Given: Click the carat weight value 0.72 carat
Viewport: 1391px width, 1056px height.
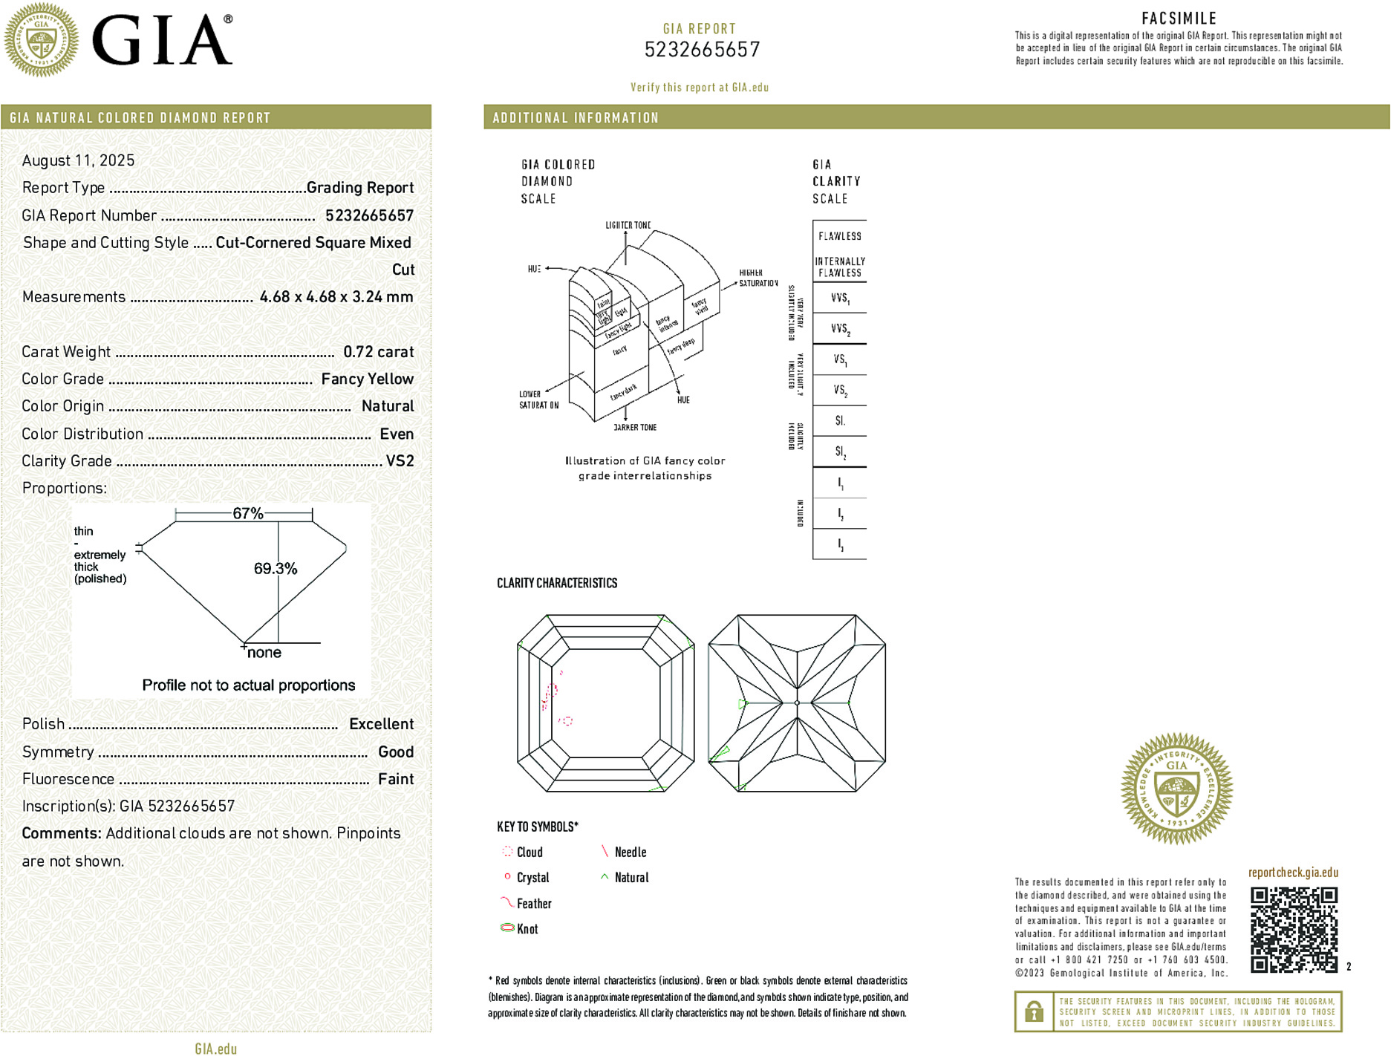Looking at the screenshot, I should pos(378,352).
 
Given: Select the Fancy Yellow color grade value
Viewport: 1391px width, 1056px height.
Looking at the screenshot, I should pos(367,379).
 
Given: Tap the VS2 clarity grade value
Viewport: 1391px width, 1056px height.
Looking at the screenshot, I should pos(400,461).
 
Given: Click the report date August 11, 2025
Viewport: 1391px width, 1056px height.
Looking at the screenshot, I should pos(78,160).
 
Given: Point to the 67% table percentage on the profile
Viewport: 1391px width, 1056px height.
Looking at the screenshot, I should pos(247,513).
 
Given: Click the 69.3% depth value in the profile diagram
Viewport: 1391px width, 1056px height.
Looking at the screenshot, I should pos(276,569).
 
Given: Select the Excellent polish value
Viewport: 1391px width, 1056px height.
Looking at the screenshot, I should pos(381,724).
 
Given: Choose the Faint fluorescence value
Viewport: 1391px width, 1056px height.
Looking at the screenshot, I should pos(396,779).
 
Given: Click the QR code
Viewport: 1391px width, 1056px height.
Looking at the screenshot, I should pos(1293,929).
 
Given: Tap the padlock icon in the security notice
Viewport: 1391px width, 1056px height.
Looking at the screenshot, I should pos(1034,1011).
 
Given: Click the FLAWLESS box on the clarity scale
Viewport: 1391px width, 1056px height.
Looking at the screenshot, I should pos(839,236).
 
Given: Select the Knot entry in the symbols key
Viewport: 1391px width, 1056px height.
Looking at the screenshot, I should pos(527,929).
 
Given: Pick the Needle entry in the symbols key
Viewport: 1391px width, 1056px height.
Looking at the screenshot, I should pos(630,853).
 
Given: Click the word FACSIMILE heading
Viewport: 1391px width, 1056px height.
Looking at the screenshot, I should pos(1179,19).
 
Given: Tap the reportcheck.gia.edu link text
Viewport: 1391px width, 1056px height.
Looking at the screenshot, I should pos(1293,873).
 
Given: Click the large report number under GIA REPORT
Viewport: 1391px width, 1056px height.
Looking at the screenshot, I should pos(702,50).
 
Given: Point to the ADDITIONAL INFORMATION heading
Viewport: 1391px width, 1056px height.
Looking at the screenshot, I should pos(576,118).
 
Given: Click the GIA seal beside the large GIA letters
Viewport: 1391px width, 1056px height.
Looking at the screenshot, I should pos(41,40).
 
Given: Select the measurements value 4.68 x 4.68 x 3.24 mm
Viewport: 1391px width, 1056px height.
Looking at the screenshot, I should pos(336,297).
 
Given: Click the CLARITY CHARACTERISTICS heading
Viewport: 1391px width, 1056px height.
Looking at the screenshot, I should pos(557,584).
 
